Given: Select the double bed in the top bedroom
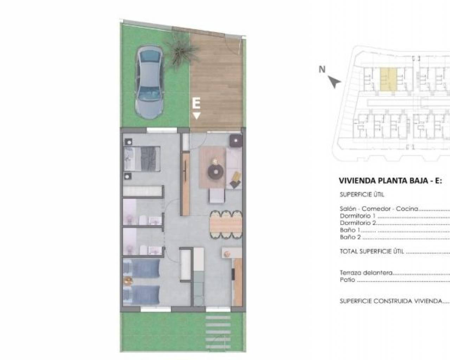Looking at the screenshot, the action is pos(142,159).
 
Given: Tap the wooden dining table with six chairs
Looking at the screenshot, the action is pos(226,224).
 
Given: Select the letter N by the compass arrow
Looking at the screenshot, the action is pos(322,69).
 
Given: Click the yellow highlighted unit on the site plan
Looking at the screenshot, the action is pos(388,79).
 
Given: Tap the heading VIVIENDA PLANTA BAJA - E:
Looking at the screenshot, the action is pos(390,180).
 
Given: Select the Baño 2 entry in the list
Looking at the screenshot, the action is pos(351,237).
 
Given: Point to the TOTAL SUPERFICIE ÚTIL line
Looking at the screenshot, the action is pos(372,251).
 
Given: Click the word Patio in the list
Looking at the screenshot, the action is pos(348,280).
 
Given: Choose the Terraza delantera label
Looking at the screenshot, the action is pos(366,272).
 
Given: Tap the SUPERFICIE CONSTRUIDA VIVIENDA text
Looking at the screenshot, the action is pos(391,301).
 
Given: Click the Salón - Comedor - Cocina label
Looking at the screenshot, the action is pos(379,208).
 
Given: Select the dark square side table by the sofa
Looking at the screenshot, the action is pos(236,140).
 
